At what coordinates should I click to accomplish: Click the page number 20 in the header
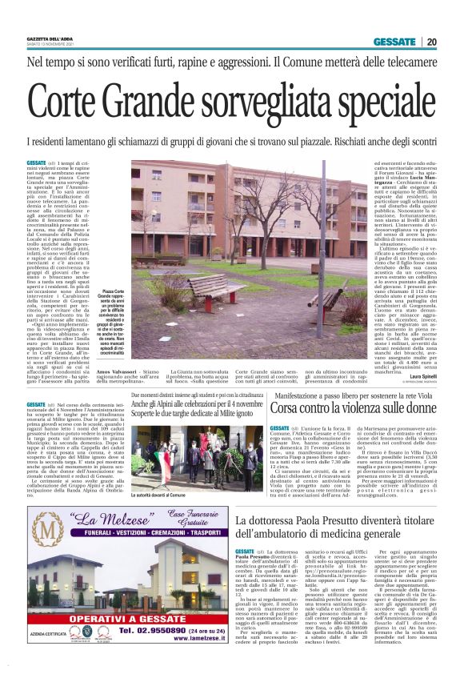430,42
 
